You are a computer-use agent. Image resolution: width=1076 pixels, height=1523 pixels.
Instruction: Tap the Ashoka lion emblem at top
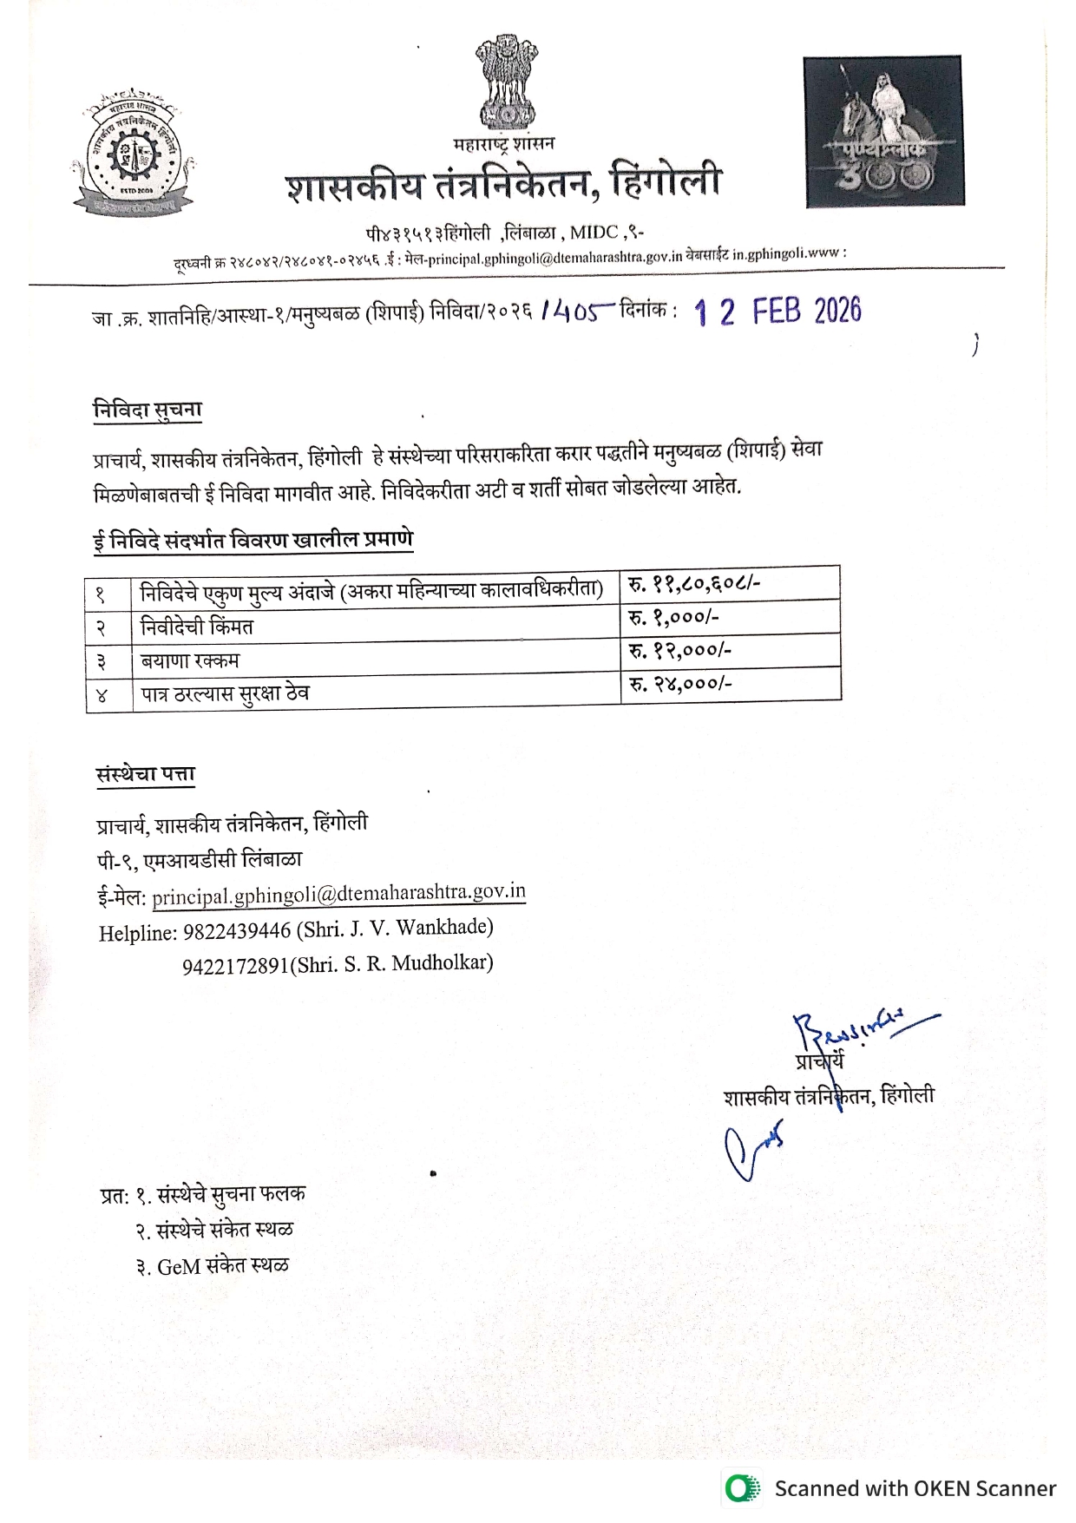(x=505, y=81)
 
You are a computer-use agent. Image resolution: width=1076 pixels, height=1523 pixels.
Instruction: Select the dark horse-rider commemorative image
(x=883, y=132)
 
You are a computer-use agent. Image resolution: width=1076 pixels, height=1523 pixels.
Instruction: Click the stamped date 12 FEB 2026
(x=777, y=312)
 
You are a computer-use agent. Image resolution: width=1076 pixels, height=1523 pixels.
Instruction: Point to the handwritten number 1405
(x=576, y=311)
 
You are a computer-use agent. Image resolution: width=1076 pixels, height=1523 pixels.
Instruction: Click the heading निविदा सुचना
(x=148, y=410)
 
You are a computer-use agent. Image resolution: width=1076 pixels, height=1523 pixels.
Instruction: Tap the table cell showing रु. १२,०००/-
(x=679, y=650)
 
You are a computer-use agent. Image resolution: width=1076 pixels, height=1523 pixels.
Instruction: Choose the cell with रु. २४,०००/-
(x=680, y=684)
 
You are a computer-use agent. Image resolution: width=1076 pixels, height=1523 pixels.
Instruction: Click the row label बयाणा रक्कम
(x=190, y=660)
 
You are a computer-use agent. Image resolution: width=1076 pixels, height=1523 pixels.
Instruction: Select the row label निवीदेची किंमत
(x=197, y=627)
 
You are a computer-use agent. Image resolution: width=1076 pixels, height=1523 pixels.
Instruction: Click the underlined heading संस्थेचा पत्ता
(x=146, y=774)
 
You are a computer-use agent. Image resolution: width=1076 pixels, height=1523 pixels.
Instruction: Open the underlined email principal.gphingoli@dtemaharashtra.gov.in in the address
(x=338, y=894)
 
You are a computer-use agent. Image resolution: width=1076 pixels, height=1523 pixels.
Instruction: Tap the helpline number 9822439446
(x=237, y=931)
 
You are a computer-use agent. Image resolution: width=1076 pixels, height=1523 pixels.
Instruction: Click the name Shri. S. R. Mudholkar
(x=395, y=963)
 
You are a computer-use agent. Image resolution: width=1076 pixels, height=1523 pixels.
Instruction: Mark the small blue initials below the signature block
(x=753, y=1150)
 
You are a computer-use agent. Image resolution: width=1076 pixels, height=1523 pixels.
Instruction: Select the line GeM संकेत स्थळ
(x=222, y=1266)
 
